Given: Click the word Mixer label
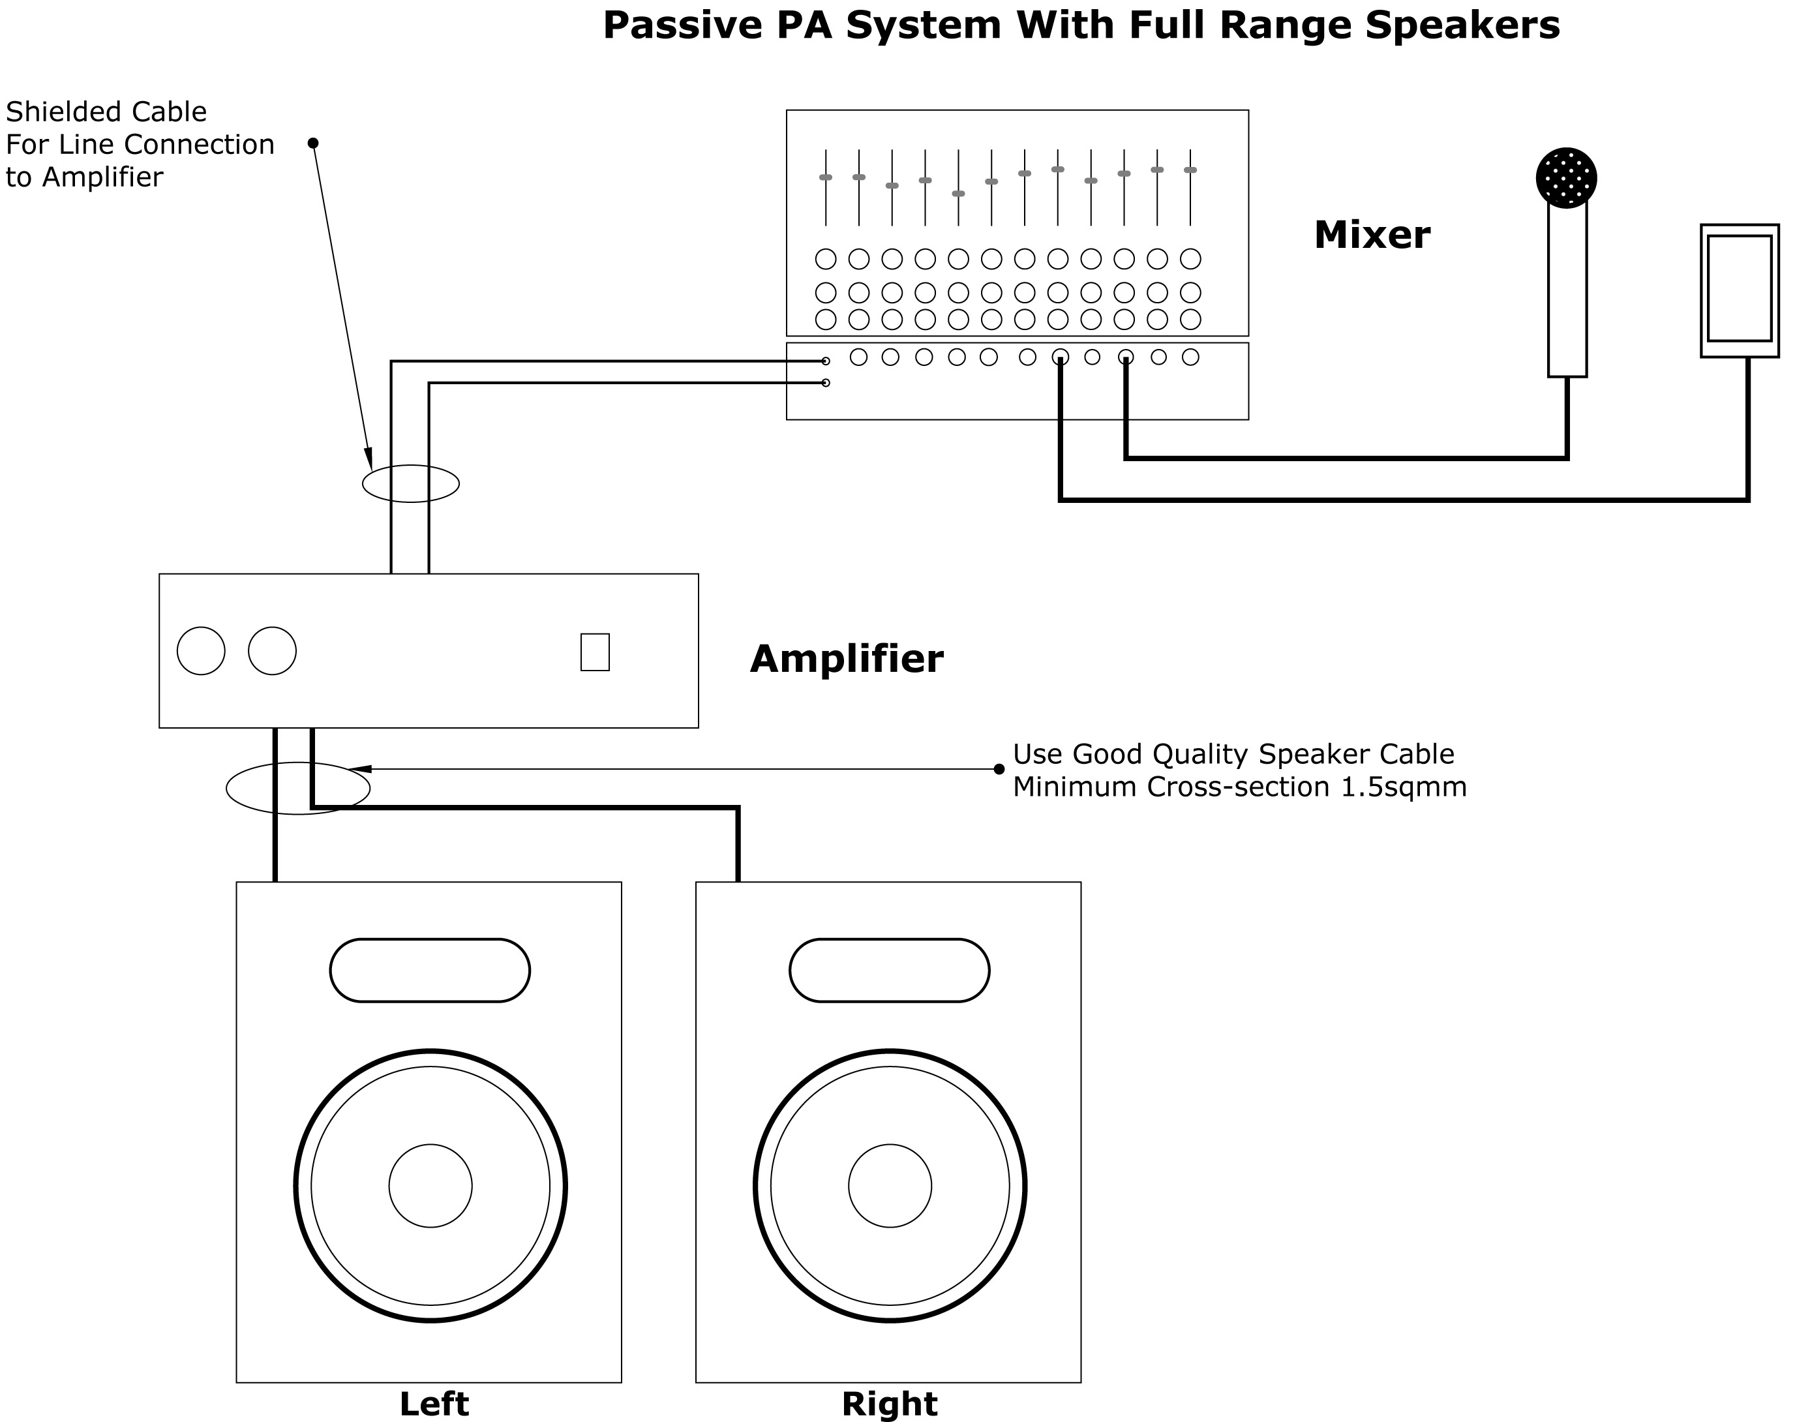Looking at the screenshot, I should [1371, 235].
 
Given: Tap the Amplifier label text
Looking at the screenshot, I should [846, 659].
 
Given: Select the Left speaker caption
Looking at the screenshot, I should [434, 1404].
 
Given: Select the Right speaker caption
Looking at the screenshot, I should [889, 1404].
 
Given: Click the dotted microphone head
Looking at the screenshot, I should [1565, 178].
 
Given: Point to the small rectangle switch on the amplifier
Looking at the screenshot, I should [594, 652].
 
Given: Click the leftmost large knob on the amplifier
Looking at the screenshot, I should [201, 651].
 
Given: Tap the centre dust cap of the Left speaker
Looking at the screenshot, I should [430, 1186].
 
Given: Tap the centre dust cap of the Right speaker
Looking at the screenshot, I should [890, 1186].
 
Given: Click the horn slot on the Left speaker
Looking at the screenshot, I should [430, 970].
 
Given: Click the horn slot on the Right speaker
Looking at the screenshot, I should [889, 970].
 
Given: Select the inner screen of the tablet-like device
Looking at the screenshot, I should [1738, 288].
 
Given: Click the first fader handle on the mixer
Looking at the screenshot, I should [825, 177].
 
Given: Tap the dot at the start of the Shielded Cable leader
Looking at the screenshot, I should [313, 144].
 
